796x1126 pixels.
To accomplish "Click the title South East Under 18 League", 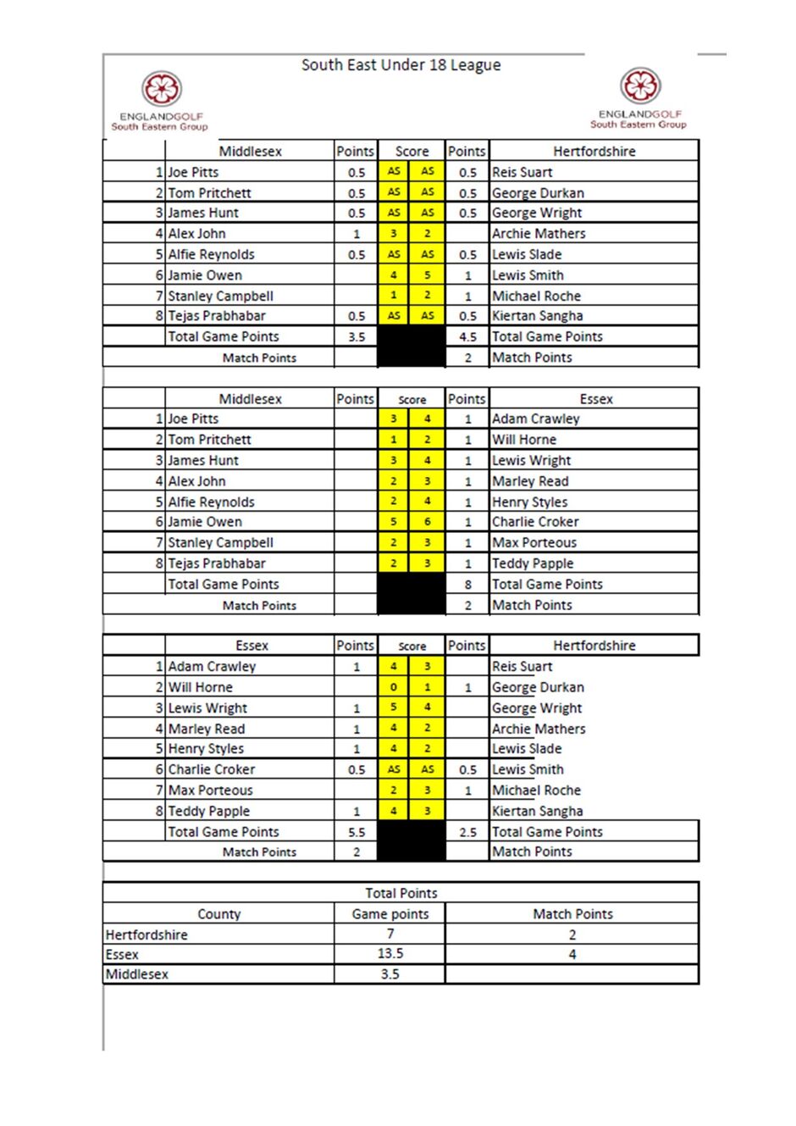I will [x=401, y=65].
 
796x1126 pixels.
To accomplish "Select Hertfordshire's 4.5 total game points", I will [x=467, y=336].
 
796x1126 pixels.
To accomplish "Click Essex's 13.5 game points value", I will [x=390, y=954].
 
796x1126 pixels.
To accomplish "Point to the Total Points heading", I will [x=401, y=893].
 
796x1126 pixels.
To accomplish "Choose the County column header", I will [x=218, y=914].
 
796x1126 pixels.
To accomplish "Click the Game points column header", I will [x=390, y=914].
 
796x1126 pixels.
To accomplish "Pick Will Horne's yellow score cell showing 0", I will [x=393, y=687].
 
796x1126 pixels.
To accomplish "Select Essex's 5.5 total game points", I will [x=357, y=832].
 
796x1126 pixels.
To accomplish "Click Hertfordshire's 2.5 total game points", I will [x=467, y=832].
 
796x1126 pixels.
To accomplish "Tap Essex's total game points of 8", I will [x=467, y=585].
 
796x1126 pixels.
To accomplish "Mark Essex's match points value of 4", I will [x=572, y=955].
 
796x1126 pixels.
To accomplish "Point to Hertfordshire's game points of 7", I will [x=390, y=934].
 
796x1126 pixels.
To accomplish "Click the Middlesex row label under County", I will [x=137, y=974].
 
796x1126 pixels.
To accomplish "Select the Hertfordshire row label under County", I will [x=146, y=935].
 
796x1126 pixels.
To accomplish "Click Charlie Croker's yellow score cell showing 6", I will [x=428, y=522].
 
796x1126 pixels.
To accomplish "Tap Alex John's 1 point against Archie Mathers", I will [x=357, y=234].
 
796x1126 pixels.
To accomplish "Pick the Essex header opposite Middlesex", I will [x=595, y=399].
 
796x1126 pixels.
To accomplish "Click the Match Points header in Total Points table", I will [x=572, y=914].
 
